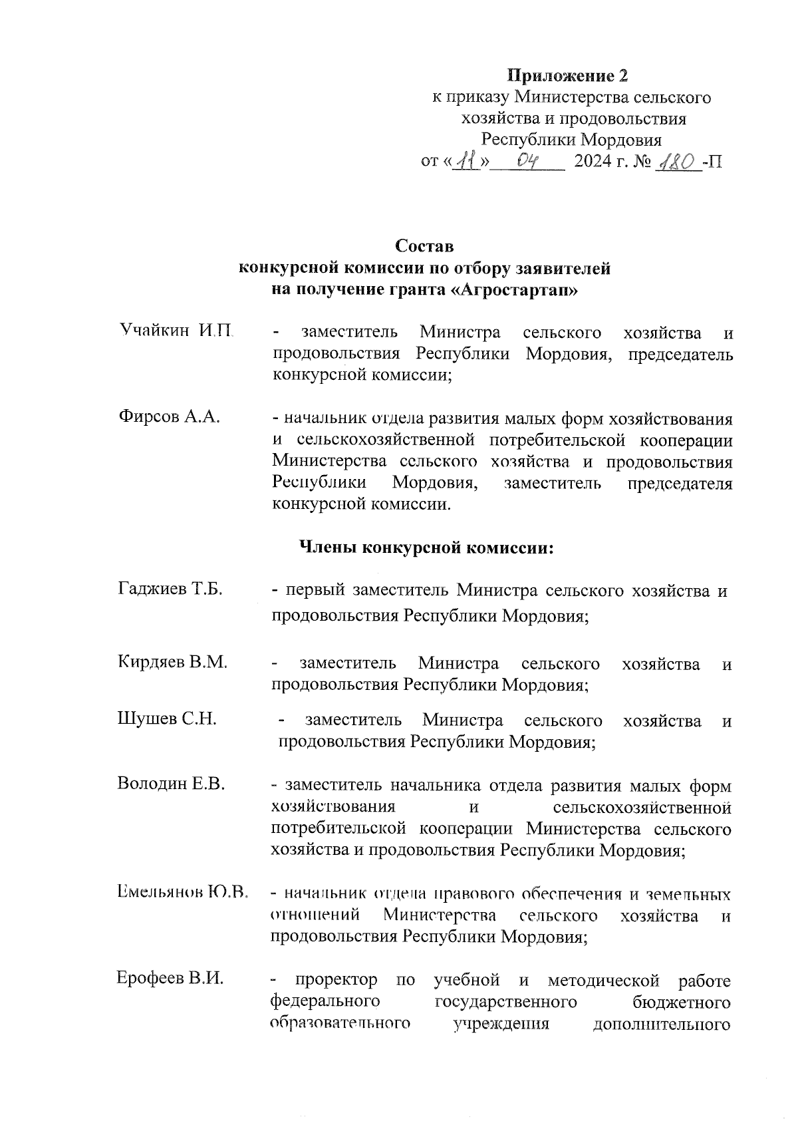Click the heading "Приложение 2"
(568, 75)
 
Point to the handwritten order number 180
(676, 162)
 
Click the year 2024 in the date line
(593, 162)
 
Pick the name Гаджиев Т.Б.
(170, 589)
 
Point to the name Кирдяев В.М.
(173, 662)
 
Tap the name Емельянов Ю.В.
(182, 892)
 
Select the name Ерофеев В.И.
(170, 978)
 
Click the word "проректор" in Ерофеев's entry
(337, 980)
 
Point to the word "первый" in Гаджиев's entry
(315, 590)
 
